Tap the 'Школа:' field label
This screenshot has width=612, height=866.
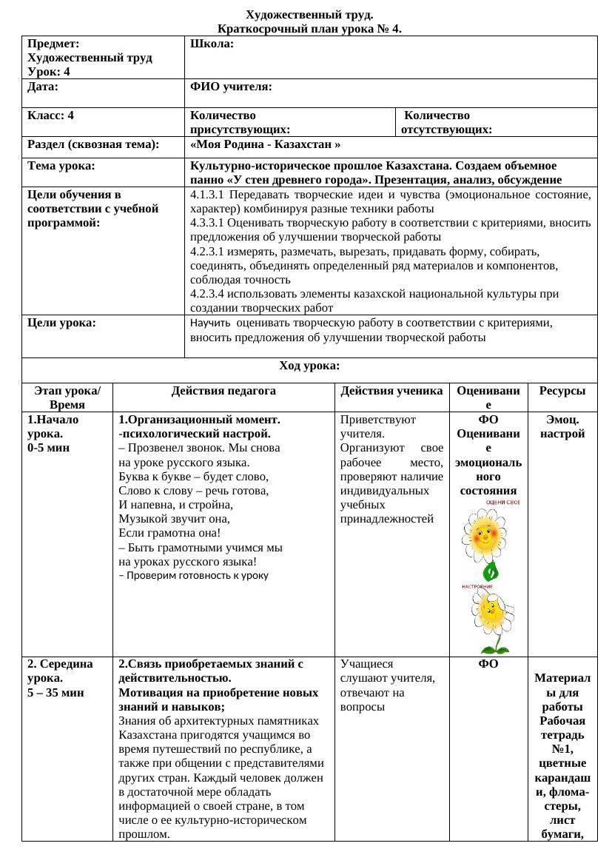212,44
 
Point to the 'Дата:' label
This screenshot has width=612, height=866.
43,87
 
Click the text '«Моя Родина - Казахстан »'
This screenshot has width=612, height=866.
265,145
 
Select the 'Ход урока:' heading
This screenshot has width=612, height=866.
309,366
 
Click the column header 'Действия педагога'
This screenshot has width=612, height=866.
223,391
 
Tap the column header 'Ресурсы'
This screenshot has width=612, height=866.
562,391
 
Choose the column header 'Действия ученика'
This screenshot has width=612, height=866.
392,391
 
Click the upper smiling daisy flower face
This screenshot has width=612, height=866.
483,536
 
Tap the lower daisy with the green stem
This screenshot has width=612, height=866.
491,618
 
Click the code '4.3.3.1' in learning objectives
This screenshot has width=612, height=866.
208,223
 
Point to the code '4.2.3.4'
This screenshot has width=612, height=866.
208,294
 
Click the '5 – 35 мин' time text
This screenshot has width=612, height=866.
55,693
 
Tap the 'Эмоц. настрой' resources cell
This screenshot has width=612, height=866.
562,426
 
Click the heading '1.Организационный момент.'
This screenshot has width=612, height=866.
198,420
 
